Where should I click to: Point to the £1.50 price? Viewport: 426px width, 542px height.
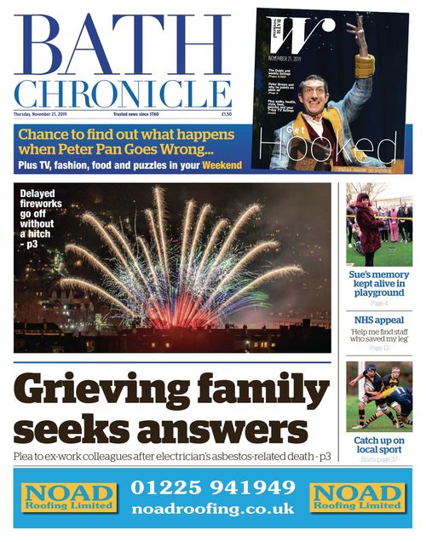[226, 113]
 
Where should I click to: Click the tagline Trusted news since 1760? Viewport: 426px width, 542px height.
[139, 113]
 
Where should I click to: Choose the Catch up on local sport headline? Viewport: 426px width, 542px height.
[379, 446]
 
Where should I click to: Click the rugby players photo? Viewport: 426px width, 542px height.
[379, 396]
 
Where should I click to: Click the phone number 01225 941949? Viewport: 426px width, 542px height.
[212, 488]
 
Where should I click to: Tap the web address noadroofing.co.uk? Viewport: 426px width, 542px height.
[212, 508]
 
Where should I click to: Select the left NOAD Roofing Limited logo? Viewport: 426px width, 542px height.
[69, 497]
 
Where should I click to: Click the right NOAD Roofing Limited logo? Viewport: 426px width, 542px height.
[356, 497]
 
